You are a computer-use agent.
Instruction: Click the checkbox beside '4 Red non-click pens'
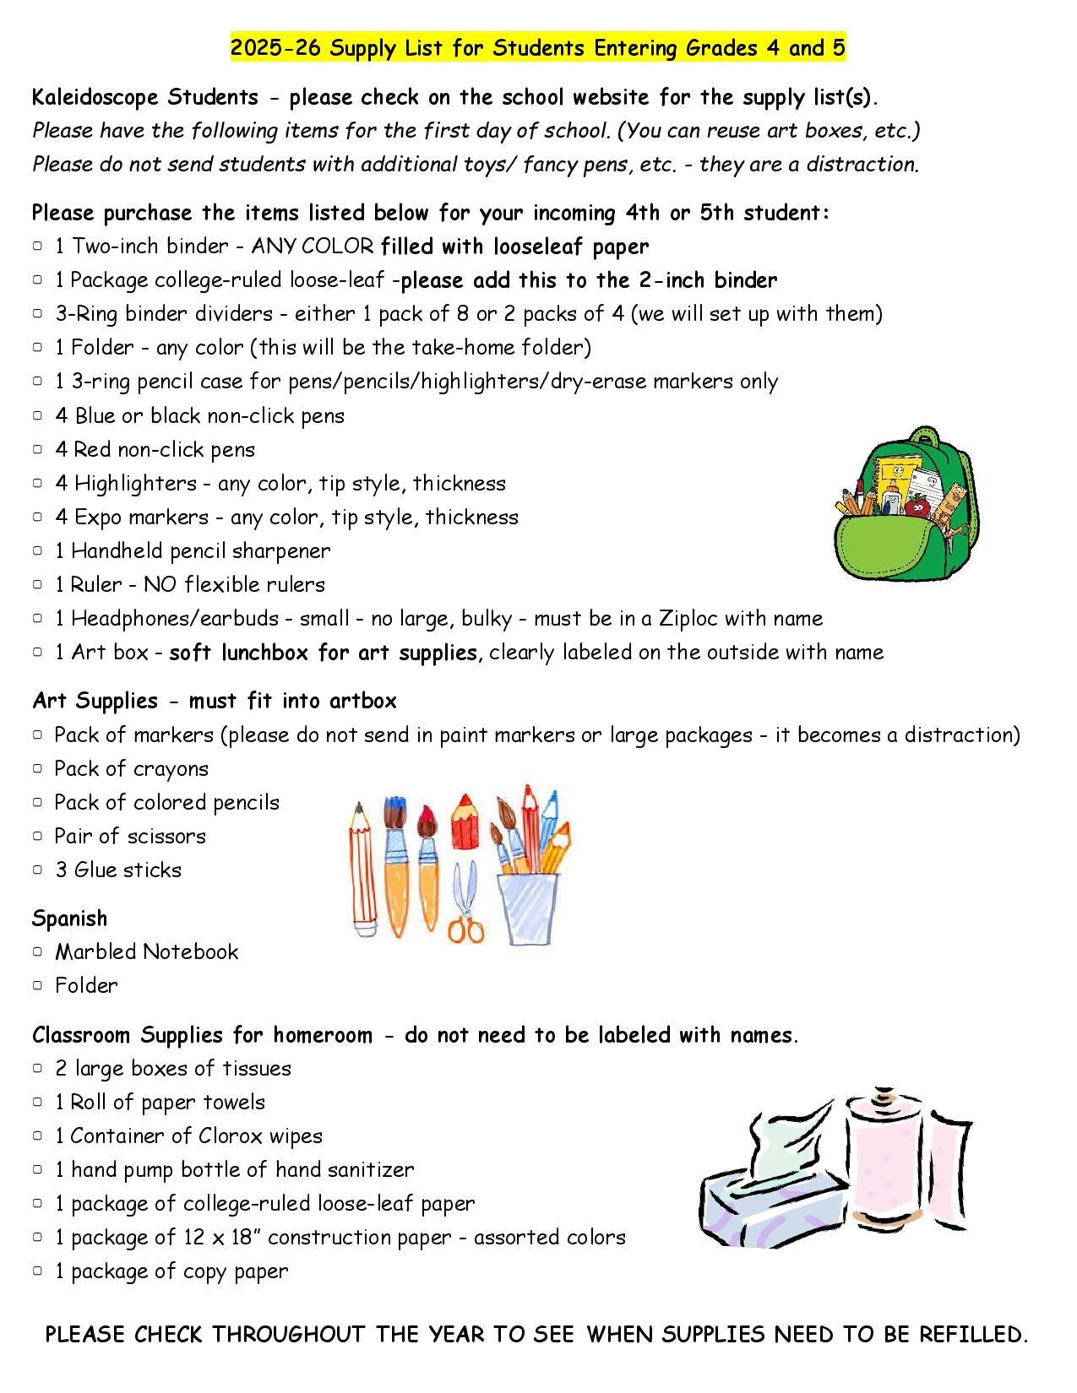point(38,449)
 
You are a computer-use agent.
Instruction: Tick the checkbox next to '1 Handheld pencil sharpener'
point(38,550)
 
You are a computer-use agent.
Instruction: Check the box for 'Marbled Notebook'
point(38,951)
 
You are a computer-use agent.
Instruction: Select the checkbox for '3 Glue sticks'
point(38,870)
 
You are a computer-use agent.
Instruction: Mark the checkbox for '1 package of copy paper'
point(38,1271)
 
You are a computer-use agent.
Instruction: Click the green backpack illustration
point(906,507)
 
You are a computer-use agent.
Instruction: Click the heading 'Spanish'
point(69,919)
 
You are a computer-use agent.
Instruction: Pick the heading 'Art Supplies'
point(95,701)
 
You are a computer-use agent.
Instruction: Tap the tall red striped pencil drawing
point(362,870)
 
